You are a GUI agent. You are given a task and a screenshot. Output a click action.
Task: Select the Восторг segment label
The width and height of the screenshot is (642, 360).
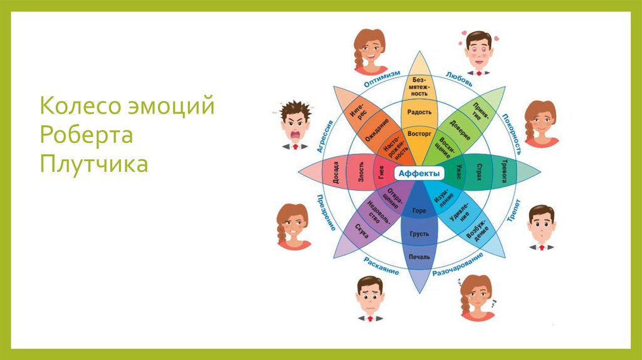point(419,134)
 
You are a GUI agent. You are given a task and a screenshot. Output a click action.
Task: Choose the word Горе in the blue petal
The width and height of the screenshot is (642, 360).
point(419,211)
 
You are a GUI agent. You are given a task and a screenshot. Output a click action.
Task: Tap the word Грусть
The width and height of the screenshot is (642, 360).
point(419,234)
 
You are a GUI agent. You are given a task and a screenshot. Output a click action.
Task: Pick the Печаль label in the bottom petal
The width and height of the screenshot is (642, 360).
point(419,257)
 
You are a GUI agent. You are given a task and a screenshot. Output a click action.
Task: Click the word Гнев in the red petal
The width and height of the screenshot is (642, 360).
point(381,174)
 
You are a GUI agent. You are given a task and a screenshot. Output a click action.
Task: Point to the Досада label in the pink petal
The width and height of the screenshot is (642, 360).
point(336,174)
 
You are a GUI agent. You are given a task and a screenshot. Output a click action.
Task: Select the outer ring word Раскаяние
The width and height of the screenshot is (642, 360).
point(381,265)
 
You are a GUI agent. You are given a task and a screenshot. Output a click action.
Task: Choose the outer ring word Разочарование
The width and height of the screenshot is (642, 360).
point(458,265)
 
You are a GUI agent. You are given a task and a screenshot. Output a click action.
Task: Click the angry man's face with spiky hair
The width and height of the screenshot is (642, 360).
point(294,123)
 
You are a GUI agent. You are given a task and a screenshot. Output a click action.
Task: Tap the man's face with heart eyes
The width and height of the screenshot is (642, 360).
point(478,49)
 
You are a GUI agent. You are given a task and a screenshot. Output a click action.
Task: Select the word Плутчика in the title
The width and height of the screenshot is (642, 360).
point(94,164)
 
